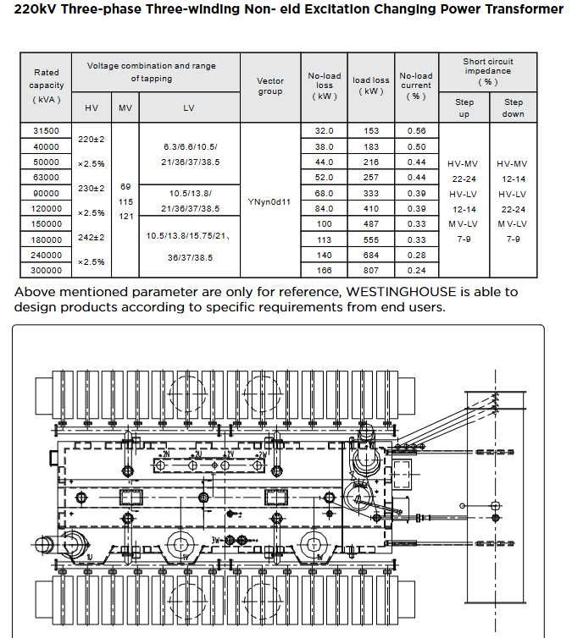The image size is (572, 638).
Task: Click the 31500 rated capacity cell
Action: pos(47,131)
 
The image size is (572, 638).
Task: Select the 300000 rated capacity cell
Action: pos(47,271)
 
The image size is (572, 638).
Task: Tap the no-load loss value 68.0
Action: pos(325,194)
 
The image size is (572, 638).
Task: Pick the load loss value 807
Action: pos(371,271)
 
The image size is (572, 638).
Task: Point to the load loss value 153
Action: pos(371,131)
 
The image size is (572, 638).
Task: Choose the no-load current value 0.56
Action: pos(416,131)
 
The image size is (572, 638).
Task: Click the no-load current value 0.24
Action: pos(416,271)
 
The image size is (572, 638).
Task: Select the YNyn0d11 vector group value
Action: pos(270,202)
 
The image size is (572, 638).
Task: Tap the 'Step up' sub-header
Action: pos(465,107)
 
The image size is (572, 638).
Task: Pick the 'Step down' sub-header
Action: pos(514,107)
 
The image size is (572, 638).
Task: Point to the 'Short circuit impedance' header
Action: pos(488,71)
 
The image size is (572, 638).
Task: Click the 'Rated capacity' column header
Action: pos(47,85)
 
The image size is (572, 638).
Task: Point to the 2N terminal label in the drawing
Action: pos(166,455)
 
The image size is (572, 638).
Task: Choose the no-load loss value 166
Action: pos(325,271)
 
